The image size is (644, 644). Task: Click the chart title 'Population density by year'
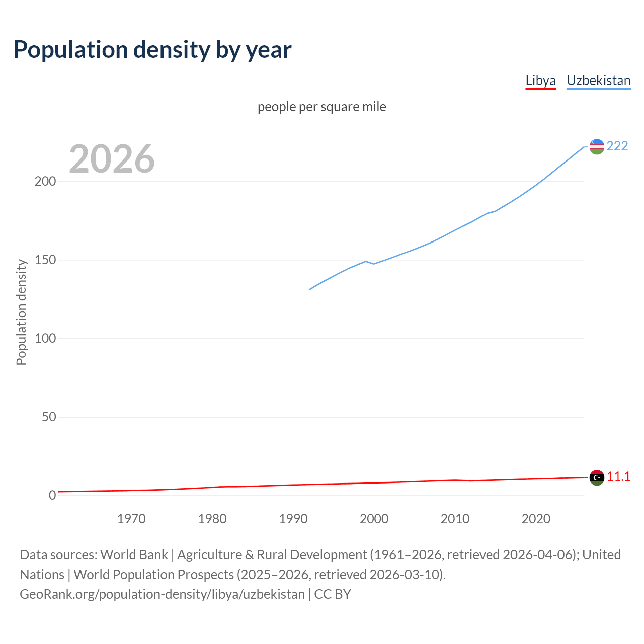(152, 50)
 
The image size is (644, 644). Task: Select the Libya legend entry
(540, 81)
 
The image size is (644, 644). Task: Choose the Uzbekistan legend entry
(598, 81)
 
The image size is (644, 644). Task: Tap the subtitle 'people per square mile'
(321, 107)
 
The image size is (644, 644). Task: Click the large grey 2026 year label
(112, 159)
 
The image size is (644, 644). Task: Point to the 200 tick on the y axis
(45, 182)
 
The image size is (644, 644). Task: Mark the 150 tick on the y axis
(45, 260)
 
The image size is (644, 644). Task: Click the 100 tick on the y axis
(45, 339)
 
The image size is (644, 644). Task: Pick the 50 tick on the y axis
(49, 417)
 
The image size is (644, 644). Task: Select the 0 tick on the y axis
(52, 496)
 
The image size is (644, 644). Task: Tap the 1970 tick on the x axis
(131, 519)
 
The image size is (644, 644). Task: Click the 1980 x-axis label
(212, 519)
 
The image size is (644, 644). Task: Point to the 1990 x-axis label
(293, 519)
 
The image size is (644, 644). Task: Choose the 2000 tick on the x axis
(374, 519)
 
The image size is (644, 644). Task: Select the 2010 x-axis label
(455, 519)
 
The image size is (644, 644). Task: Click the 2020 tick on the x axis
(536, 519)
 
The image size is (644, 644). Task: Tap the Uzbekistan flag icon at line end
(597, 146)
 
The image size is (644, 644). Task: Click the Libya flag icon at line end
(597, 477)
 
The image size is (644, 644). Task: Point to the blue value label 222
(617, 146)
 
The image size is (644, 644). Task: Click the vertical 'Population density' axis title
(21, 312)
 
